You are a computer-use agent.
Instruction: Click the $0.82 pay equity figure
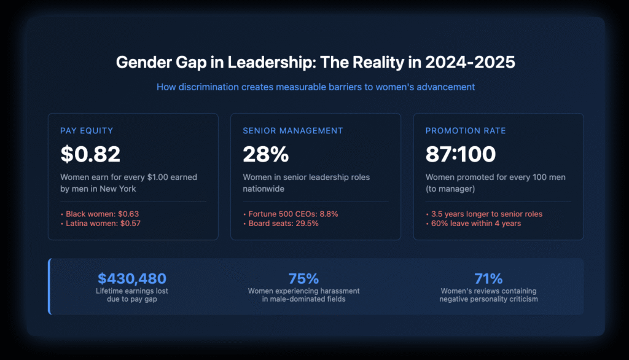click(x=90, y=154)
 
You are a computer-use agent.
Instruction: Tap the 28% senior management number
click(x=265, y=154)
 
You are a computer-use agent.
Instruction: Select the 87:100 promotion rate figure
click(x=461, y=154)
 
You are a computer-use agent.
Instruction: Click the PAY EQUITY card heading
click(x=87, y=131)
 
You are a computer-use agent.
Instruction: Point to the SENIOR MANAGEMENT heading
click(x=292, y=131)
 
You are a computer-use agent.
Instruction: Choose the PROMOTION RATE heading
click(x=466, y=131)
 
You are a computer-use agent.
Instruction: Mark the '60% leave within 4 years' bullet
click(x=476, y=224)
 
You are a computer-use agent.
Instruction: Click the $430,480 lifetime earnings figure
click(x=132, y=278)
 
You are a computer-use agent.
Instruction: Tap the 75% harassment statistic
click(x=303, y=278)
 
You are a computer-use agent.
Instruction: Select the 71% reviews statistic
click(x=488, y=278)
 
